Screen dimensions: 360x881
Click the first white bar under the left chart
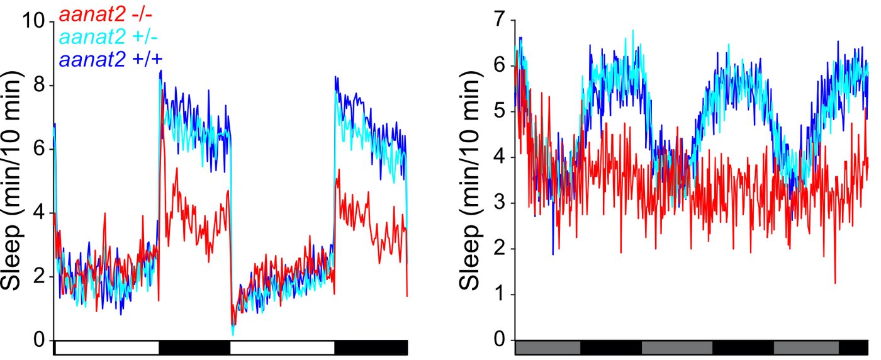pos(107,347)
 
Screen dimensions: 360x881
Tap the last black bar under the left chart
pos(371,347)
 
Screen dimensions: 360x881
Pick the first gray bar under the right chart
pos(547,347)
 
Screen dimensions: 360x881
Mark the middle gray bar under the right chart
pos(676,347)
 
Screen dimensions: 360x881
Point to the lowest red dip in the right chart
pos(835,283)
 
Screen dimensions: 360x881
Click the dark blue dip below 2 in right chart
pos(553,254)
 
